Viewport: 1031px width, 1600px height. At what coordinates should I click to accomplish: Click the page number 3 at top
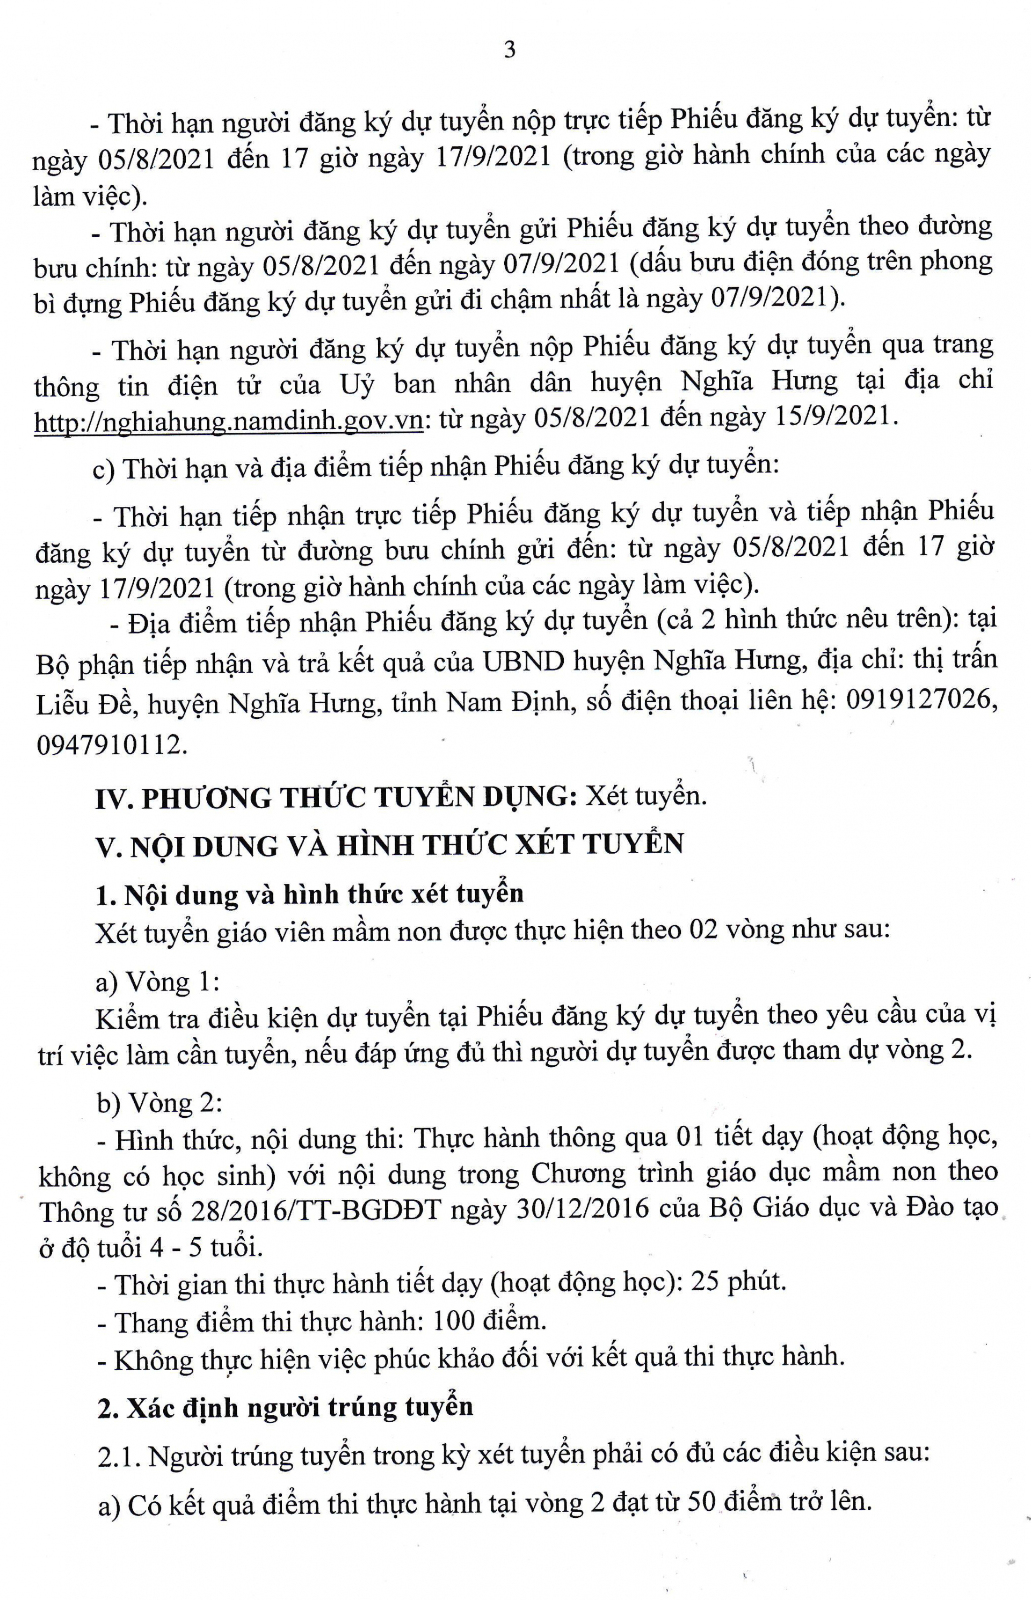510,50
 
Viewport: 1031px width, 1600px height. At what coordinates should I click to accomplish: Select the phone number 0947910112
111,744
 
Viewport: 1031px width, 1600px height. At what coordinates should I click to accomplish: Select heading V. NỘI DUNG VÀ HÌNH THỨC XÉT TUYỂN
390,845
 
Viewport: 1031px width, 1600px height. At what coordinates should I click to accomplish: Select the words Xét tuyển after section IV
646,796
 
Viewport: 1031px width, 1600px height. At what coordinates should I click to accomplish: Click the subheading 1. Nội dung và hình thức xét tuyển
309,895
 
